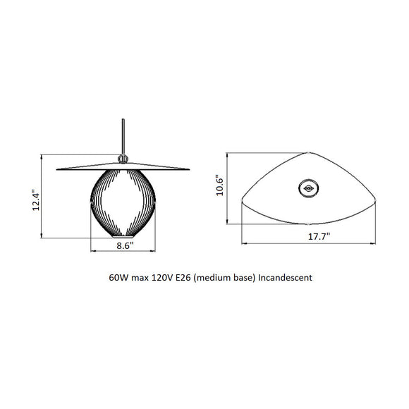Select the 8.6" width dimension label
[x=125, y=246]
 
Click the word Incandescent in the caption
[x=286, y=278]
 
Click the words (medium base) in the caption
[x=225, y=278]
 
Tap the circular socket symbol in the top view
[x=309, y=187]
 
